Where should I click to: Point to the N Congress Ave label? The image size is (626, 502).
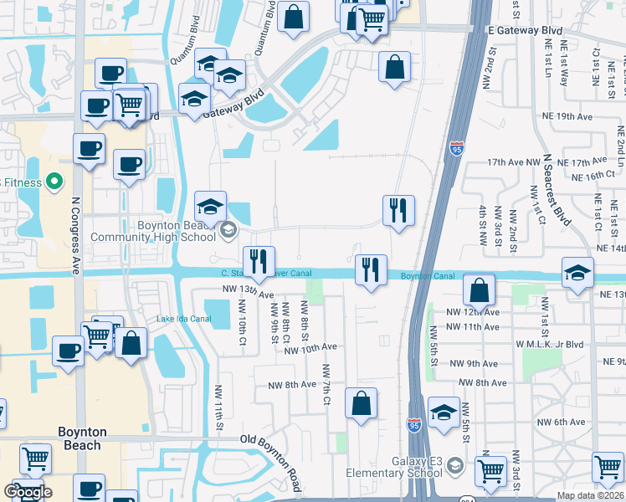[75, 235]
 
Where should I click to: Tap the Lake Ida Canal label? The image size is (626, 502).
[176, 318]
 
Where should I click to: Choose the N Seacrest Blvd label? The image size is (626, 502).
[557, 189]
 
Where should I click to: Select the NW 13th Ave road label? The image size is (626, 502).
[249, 292]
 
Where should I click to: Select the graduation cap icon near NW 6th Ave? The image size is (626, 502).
[444, 412]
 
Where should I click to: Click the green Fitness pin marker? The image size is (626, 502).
[54, 181]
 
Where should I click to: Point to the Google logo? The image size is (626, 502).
[28, 492]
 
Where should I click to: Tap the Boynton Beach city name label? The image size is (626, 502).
[82, 438]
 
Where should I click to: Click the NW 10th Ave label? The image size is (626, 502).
[310, 347]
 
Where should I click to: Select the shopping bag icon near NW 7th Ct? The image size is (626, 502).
[361, 403]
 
